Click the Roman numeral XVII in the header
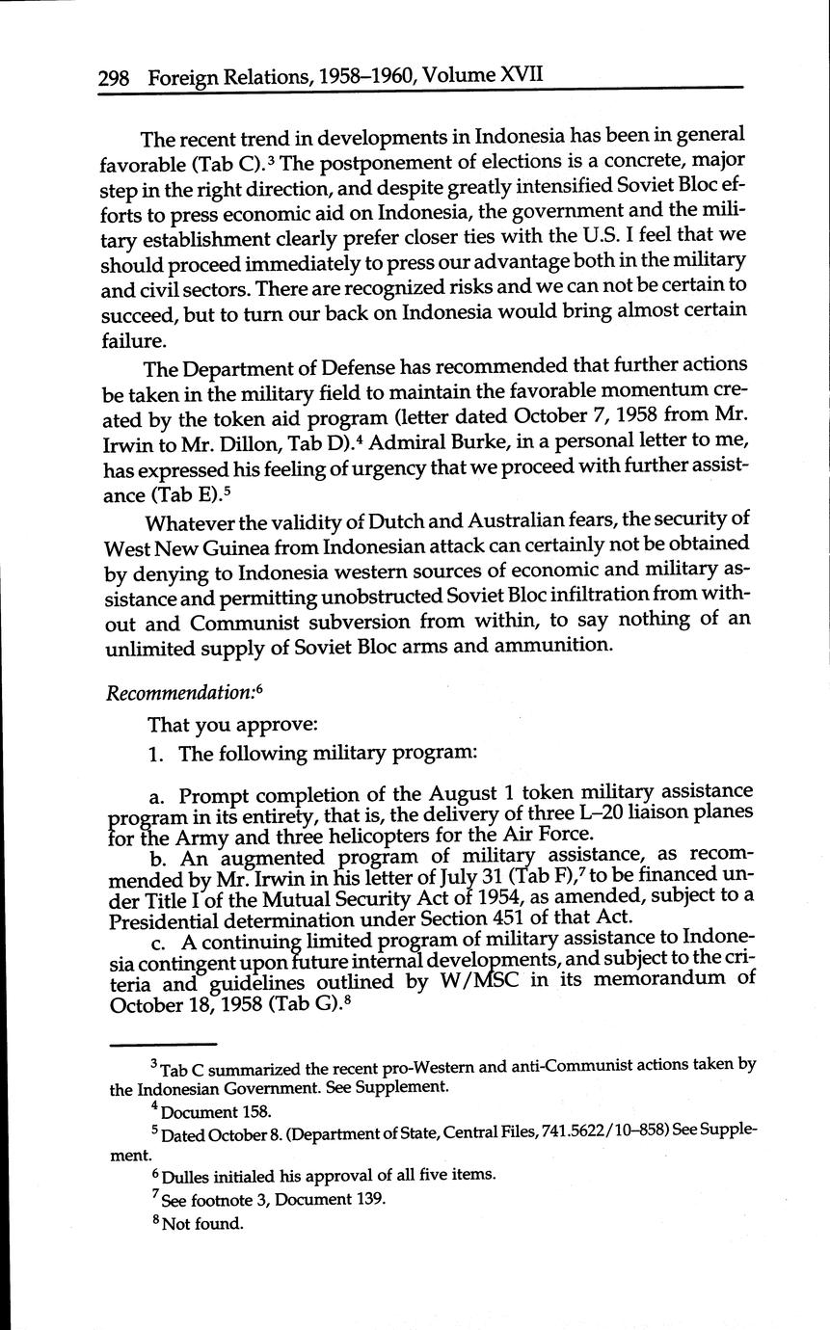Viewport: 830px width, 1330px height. [x=521, y=75]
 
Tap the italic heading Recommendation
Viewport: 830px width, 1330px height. [x=181, y=694]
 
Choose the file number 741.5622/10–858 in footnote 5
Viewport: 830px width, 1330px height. [x=562, y=1134]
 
